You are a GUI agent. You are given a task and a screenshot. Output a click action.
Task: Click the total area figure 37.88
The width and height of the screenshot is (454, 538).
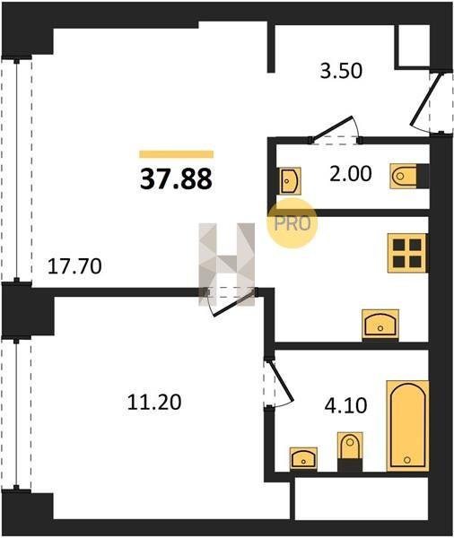176,179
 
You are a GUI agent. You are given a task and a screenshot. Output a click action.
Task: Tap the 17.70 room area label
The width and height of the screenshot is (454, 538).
74,266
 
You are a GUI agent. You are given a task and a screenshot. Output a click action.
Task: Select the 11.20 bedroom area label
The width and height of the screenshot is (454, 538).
154,402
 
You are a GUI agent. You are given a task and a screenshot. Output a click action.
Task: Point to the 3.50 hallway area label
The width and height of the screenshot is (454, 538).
341,71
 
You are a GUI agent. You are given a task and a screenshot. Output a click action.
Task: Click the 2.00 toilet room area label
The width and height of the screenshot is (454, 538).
350,173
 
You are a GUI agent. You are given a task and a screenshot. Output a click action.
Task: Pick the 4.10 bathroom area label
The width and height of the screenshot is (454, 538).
345,405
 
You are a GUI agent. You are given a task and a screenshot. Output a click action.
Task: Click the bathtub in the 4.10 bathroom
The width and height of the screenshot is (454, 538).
408,425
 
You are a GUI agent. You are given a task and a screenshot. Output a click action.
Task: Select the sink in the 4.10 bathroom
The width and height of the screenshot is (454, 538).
303,458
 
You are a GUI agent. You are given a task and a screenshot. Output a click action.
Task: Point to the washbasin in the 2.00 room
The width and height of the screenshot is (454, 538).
289,180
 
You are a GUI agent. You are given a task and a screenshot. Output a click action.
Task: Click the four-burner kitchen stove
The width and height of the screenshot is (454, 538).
407,253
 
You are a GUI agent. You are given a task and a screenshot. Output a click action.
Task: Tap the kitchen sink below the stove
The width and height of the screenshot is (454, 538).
380,325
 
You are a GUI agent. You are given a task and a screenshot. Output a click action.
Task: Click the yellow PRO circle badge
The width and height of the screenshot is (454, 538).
292,223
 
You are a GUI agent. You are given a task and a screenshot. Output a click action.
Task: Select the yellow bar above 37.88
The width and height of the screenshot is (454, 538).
176,154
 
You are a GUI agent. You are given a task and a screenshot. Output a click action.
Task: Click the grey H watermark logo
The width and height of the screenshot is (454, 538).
227,264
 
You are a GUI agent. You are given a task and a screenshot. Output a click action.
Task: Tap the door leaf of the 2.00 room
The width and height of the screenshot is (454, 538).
333,128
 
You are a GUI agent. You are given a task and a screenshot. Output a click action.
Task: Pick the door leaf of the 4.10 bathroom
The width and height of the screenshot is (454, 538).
281,381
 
